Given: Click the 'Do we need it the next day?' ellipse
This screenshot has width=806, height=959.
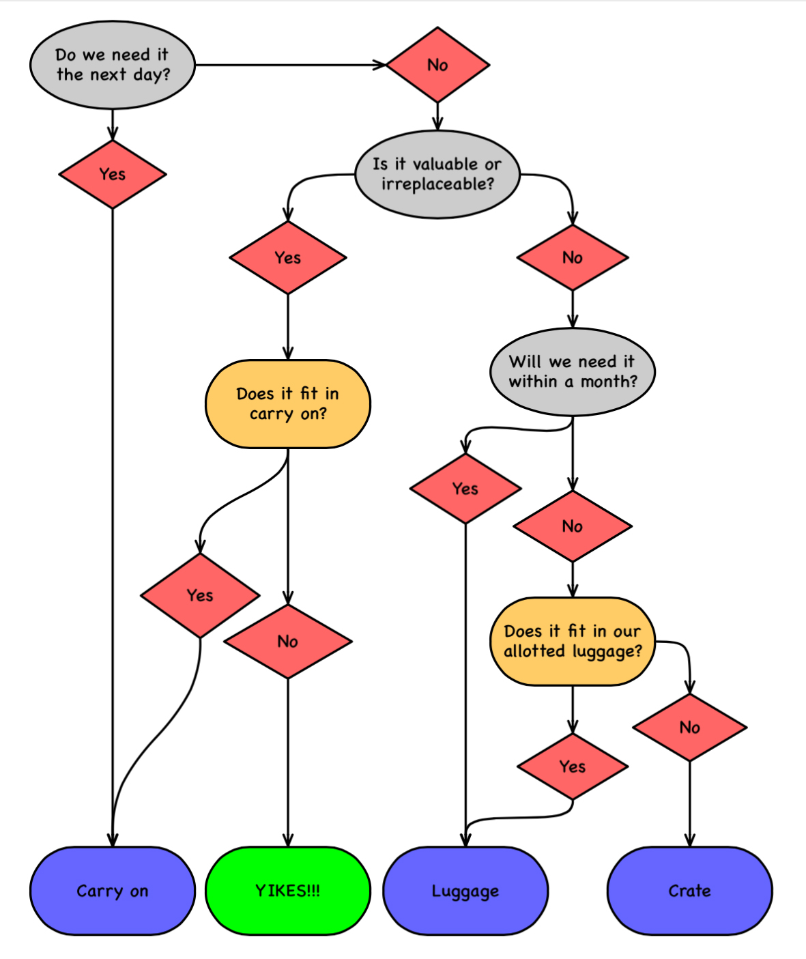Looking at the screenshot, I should coord(113,65).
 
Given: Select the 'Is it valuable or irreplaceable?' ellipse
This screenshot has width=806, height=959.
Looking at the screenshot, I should coord(437,174).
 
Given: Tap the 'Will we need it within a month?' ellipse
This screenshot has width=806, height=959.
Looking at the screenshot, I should coord(573,371).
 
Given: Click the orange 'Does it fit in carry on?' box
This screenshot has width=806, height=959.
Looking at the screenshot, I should coord(288,404).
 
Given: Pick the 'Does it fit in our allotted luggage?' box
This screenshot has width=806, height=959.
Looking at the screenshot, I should coord(573,641).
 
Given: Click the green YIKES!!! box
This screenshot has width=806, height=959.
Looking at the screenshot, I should coord(288,891).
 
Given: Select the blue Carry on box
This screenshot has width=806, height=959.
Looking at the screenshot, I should coord(113,891).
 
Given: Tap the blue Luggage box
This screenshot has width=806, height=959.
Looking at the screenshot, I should coord(465,891).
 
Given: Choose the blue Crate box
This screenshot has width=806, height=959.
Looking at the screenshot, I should coord(689,891).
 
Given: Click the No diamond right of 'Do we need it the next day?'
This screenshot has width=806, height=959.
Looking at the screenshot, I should coord(437,65).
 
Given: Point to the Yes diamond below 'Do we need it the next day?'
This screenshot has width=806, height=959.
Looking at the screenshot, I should coord(113,174).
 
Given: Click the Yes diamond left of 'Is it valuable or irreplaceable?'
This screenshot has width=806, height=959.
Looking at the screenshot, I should coord(288,257).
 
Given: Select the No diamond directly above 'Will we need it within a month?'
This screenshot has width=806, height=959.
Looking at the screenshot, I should coord(573,257).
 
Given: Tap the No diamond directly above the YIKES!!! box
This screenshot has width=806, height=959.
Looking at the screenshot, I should coord(288,641).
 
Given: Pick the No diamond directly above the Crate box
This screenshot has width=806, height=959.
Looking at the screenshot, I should coord(689,727).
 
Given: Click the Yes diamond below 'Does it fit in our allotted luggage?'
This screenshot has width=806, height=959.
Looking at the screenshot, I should coord(573,767).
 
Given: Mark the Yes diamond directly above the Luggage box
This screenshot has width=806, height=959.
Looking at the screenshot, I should coord(465,488).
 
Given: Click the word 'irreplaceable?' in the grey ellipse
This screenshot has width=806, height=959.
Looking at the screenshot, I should coord(437,184).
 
